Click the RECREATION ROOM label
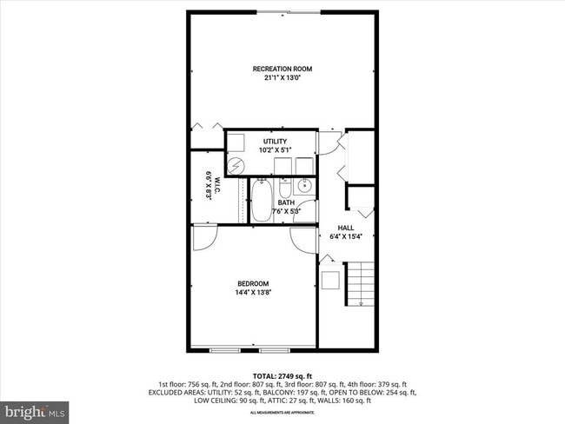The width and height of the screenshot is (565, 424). tap(282, 69)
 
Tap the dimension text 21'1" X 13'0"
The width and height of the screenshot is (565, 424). tap(282, 77)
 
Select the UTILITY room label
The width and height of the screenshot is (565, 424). tap(275, 141)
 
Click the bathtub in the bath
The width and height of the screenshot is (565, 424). tap(261, 201)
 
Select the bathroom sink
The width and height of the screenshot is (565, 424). tap(304, 186)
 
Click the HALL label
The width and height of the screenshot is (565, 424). tap(345, 228)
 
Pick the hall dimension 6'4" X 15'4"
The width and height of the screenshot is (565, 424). tap(345, 236)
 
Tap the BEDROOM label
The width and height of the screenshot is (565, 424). tap(253, 283)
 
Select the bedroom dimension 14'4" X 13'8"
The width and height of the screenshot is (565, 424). tap(253, 292)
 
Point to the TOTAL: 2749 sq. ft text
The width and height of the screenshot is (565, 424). tap(282, 374)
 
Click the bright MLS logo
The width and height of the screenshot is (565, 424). tap(35, 409)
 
